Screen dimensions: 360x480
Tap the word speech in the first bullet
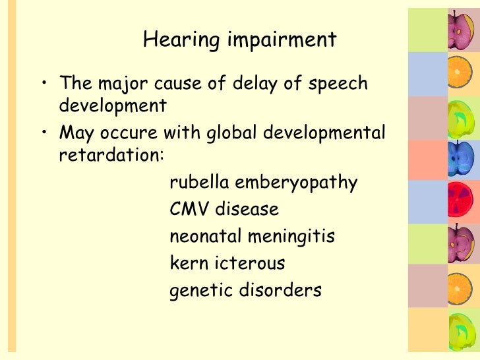[x=336, y=85]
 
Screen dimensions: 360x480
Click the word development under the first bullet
[x=113, y=105]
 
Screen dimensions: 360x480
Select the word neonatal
[x=206, y=236]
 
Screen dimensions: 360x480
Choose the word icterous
[x=250, y=263]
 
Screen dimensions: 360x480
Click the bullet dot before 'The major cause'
[x=44, y=84]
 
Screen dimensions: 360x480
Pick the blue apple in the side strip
[x=458, y=157]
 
